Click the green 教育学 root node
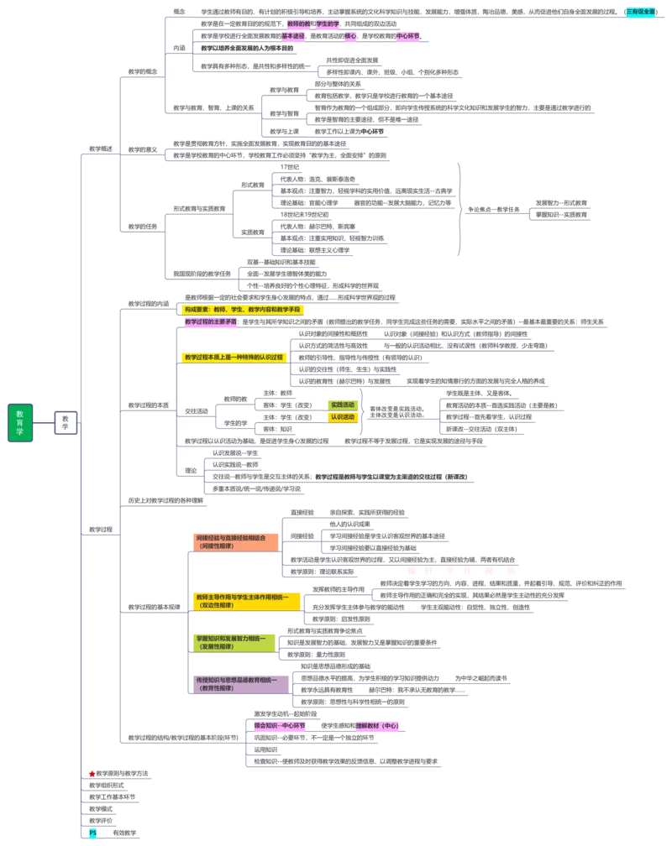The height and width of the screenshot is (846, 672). pyautogui.click(x=20, y=422)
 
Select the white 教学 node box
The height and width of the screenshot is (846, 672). pyautogui.click(x=66, y=422)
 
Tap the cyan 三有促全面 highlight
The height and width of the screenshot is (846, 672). pyautogui.click(x=641, y=12)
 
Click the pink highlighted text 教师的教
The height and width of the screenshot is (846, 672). pyautogui.click(x=298, y=24)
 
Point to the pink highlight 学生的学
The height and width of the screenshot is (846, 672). pyautogui.click(x=328, y=24)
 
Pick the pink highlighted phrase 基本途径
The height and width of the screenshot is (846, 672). pyautogui.click(x=294, y=36)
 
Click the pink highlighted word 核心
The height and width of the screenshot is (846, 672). pyautogui.click(x=350, y=36)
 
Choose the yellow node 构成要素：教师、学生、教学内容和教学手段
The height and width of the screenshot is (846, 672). pyautogui.click(x=243, y=310)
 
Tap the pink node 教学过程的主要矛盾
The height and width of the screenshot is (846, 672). pyautogui.click(x=210, y=321)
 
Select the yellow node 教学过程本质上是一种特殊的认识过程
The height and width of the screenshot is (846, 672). pyautogui.click(x=234, y=357)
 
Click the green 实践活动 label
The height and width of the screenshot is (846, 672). pyautogui.click(x=343, y=405)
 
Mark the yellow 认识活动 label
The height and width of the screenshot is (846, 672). pyautogui.click(x=343, y=416)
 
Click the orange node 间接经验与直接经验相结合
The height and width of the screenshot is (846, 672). pyautogui.click(x=234, y=541)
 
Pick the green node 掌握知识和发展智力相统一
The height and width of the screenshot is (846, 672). pyautogui.click(x=234, y=642)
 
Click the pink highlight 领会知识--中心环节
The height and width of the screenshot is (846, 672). pyautogui.click(x=281, y=725)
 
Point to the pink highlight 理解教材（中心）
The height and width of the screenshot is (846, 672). pyautogui.click(x=377, y=725)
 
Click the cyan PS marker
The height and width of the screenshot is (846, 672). pyautogui.click(x=93, y=833)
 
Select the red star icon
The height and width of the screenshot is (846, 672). pyautogui.click(x=92, y=773)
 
